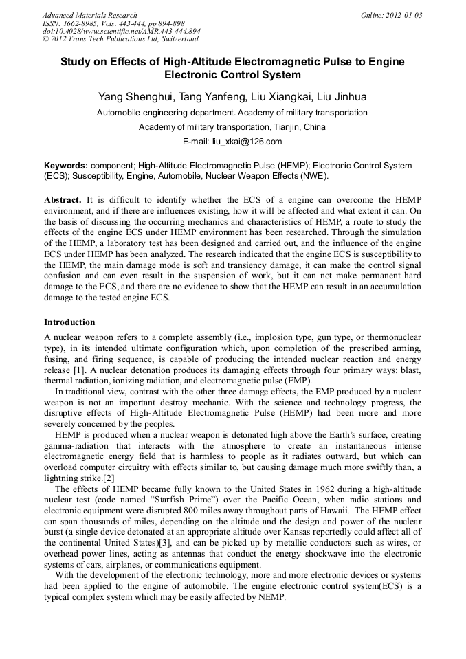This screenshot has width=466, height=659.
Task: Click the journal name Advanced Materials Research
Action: [x=89, y=15]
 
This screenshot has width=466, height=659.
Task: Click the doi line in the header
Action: [x=122, y=32]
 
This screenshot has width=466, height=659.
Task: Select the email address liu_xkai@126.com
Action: [x=249, y=142]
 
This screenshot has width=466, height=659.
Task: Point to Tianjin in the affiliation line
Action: [x=271, y=127]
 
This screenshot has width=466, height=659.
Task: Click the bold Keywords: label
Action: [x=66, y=166]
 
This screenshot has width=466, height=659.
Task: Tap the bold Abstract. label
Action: [x=63, y=199]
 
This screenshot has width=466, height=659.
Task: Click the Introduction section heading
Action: [x=69, y=322]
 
